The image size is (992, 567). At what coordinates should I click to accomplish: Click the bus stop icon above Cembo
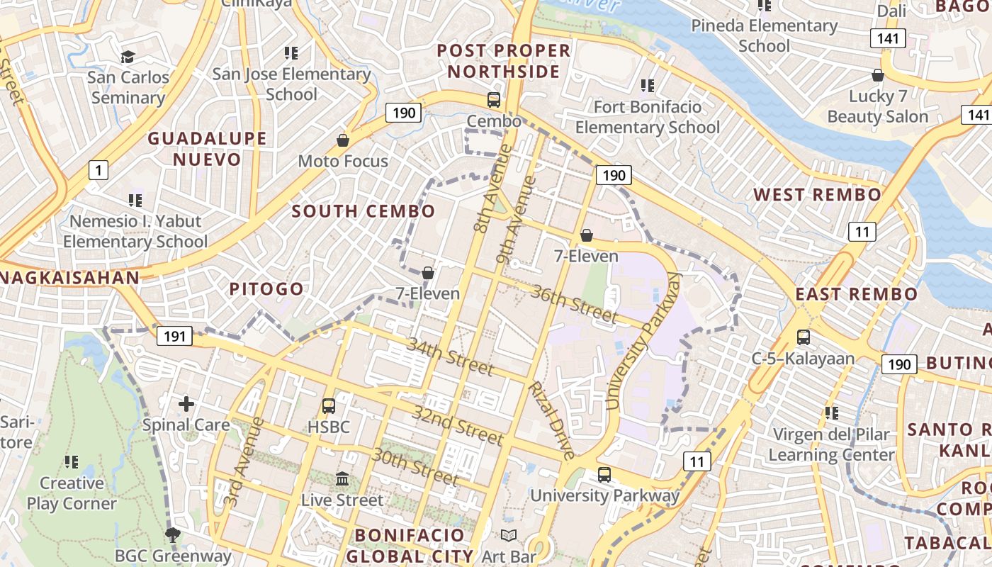494,100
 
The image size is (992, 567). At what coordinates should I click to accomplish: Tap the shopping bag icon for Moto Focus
343,140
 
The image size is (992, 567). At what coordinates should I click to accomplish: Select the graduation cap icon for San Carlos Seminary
128,57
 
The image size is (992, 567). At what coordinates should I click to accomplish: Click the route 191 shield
174,336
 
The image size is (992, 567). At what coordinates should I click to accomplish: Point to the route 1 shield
98,170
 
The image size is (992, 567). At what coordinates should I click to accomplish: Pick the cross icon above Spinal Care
186,404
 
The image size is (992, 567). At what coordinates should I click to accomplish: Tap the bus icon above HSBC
329,406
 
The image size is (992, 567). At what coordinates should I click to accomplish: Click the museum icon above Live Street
342,479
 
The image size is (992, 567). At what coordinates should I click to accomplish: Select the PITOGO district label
266,289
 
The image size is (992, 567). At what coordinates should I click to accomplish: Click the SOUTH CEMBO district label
363,211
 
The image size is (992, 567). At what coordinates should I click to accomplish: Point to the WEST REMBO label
817,195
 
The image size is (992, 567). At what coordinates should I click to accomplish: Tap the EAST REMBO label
856,294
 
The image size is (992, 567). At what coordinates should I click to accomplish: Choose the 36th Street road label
574,303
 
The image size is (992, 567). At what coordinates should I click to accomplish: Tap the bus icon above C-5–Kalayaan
803,337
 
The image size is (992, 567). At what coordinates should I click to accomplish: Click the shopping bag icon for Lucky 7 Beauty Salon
878,75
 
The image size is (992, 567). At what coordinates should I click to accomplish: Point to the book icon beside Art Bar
509,536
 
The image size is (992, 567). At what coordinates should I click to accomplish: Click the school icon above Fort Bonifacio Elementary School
647,86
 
